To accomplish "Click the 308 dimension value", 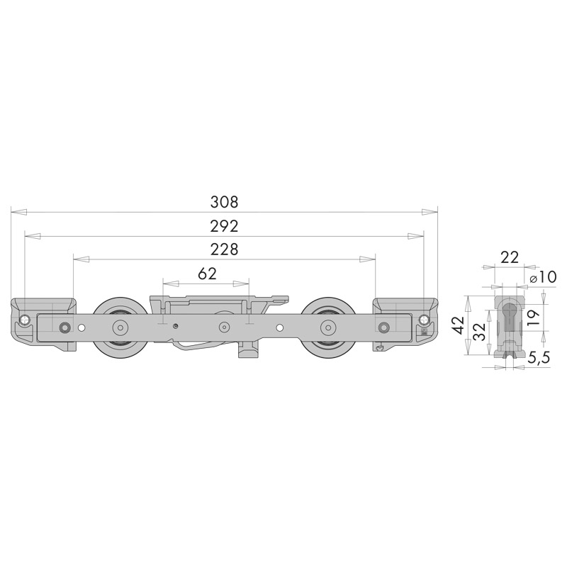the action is (224, 202).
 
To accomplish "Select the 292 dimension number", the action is (224, 226).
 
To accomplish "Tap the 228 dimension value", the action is (224, 249).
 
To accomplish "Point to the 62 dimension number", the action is (207, 274).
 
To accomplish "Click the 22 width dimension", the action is (509, 257).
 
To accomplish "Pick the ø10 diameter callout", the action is (542, 277).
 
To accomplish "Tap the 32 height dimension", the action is (480, 332).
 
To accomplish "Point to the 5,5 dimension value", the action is (539, 358).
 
